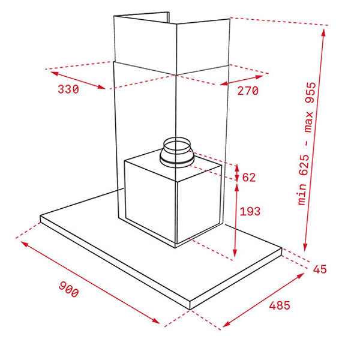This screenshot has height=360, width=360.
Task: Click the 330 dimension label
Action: point(68,89)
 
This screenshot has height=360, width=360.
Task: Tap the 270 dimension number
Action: point(248,91)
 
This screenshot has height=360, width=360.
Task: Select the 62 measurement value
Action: point(249,177)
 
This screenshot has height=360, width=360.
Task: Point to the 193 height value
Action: point(250,211)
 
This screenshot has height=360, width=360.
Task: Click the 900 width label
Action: point(68,290)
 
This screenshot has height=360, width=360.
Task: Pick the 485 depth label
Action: point(280,305)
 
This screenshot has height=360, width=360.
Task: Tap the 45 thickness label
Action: point(320,269)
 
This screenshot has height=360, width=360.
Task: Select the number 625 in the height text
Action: point(305,165)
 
